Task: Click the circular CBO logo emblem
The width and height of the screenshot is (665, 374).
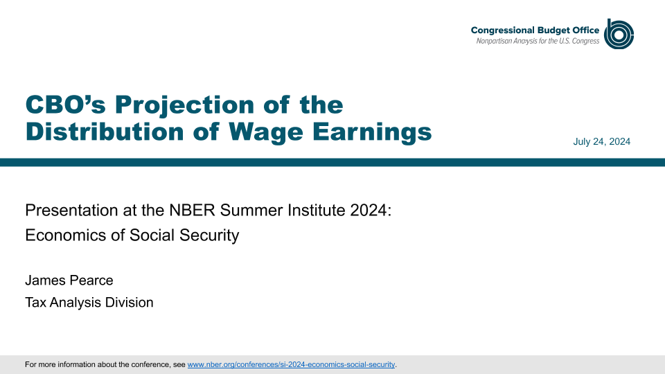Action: tap(619, 34)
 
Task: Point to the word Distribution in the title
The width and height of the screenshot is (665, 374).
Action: tap(105, 132)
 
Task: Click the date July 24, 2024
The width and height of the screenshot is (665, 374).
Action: tap(601, 141)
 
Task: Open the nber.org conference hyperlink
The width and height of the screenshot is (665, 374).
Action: tap(291, 365)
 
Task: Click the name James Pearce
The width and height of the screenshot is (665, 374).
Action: tap(69, 280)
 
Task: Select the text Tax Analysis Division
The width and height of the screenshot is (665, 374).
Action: tap(89, 303)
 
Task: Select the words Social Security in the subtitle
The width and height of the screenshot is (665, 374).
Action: tap(184, 235)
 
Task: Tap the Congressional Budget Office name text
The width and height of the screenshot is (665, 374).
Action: tap(535, 30)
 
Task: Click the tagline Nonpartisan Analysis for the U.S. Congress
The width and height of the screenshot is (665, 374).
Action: tap(538, 41)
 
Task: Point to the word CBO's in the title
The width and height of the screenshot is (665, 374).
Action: tap(65, 105)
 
